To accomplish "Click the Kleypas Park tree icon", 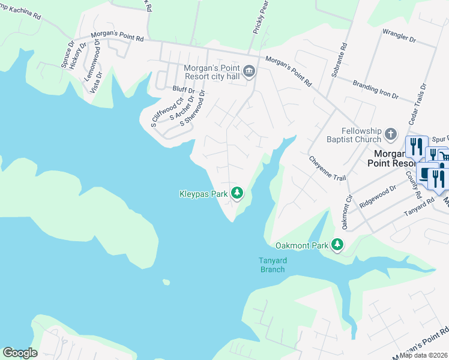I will [238, 193].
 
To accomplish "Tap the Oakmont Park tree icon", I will [338, 245].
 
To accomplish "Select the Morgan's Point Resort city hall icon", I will [250, 73].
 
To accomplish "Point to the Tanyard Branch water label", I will [272, 265].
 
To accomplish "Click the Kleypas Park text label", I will [203, 193].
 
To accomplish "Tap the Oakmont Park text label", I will [302, 245].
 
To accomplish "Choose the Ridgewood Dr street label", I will [378, 196].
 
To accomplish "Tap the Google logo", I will [20, 353].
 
